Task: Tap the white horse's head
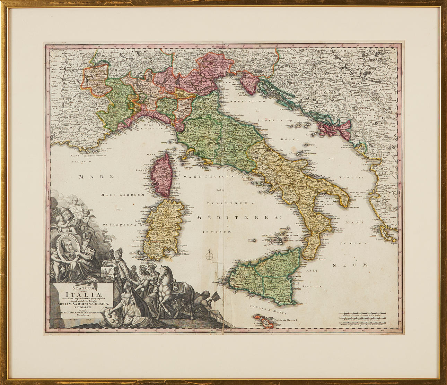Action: click(x=163, y=270)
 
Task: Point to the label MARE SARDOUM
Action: click(x=122, y=195)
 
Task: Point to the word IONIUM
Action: click(x=353, y=243)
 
